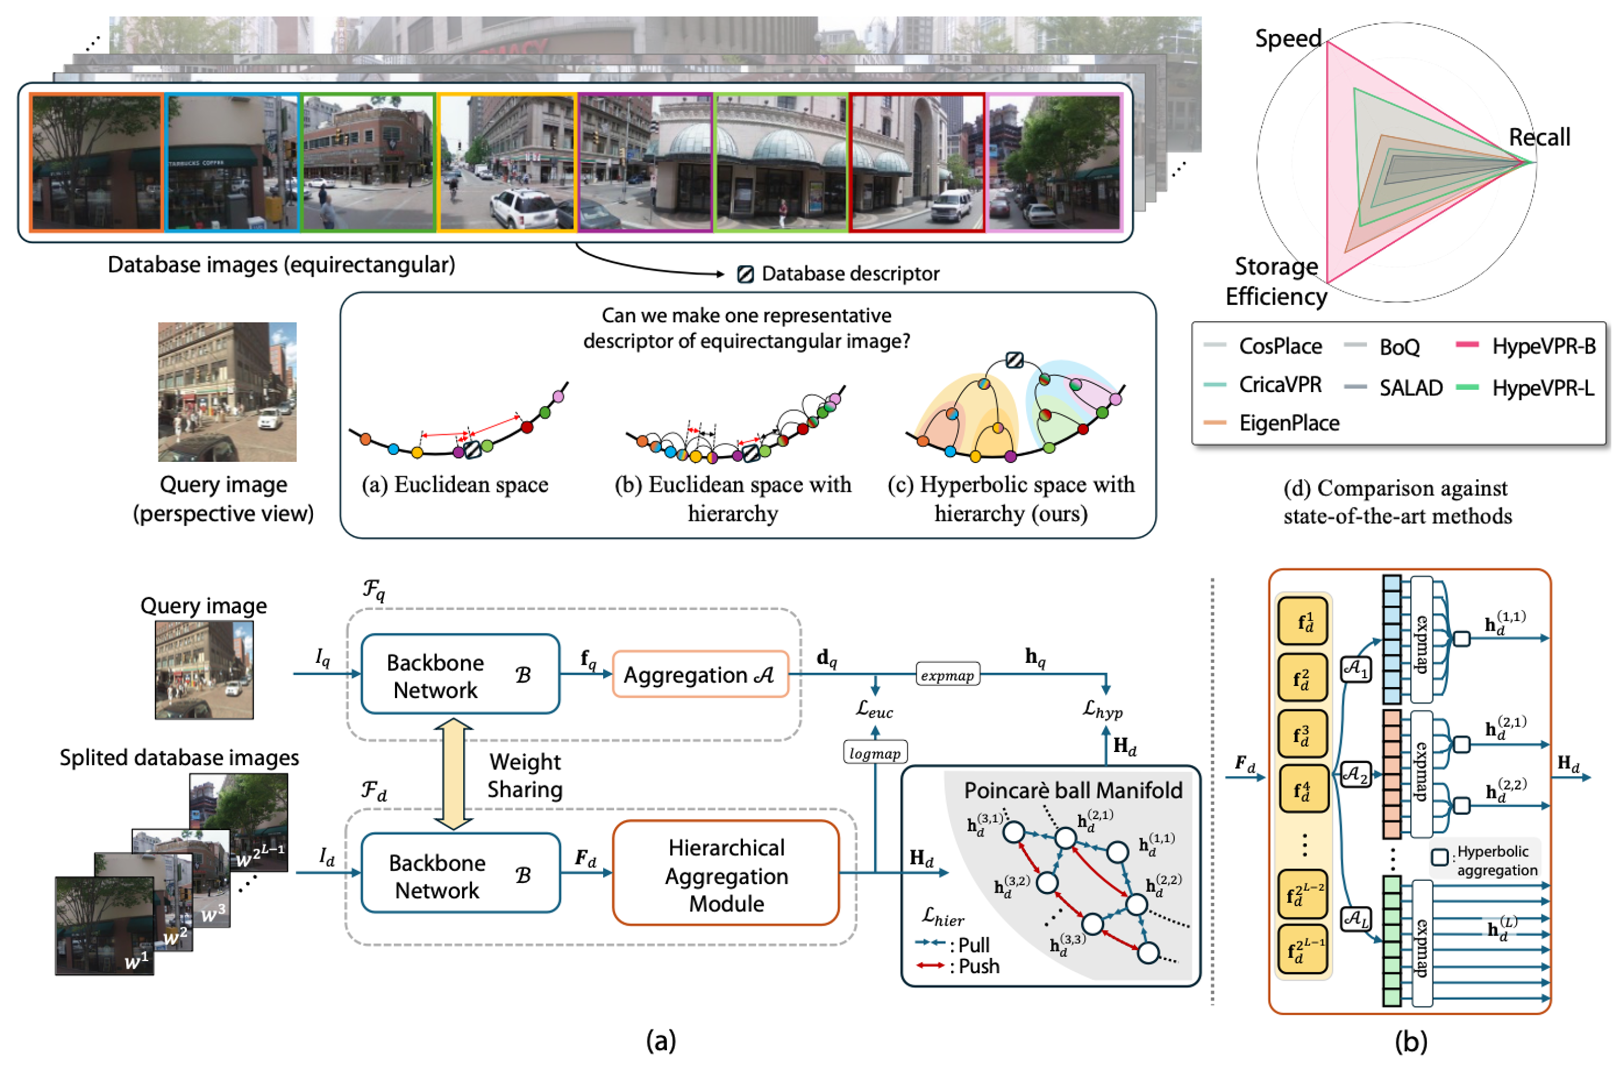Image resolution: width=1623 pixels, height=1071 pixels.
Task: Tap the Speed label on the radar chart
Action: tap(1288, 38)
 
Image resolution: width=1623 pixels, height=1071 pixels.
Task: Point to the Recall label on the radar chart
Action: tap(1539, 137)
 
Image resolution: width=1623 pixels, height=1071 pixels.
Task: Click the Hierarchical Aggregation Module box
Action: tap(726, 875)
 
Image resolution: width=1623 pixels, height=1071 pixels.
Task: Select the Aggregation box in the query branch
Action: tap(700, 675)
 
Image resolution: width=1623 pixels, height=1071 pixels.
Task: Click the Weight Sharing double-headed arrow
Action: tap(453, 774)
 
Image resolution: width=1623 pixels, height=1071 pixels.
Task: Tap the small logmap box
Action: tap(875, 753)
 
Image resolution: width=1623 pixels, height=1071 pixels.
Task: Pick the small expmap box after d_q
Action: tap(947, 675)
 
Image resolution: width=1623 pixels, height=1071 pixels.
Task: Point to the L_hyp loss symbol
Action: tap(1102, 710)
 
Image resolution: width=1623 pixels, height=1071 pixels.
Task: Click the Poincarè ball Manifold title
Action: tap(1073, 790)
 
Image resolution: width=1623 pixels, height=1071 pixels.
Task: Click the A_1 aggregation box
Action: tap(1355, 669)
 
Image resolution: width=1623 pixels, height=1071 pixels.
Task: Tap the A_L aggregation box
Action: tap(1355, 917)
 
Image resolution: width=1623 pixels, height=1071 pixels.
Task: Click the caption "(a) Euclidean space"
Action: tap(455, 485)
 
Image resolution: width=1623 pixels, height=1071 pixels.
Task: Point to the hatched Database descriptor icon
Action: tap(745, 274)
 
